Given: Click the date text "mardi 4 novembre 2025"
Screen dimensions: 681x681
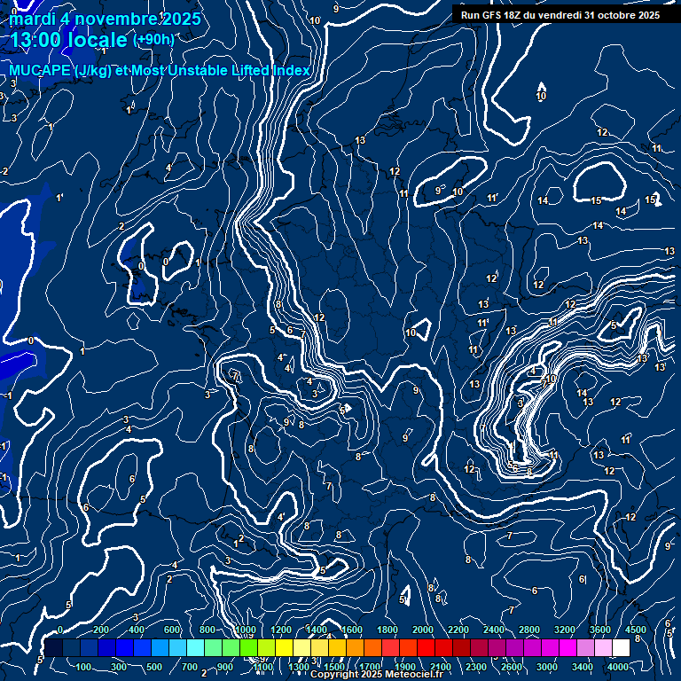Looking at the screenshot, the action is point(106,19).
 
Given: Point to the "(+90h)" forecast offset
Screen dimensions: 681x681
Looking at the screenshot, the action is point(153,40).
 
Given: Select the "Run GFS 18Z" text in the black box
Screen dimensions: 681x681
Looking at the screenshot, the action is point(492,15).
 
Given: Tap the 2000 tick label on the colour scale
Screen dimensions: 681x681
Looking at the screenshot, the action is point(422,630).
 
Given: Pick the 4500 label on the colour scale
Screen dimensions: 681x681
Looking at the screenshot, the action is point(635,630).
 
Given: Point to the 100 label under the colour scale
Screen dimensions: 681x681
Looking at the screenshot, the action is point(84,667).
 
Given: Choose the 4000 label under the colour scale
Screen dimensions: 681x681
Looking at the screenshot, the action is point(618,667).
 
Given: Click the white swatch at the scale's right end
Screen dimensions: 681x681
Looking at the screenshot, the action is point(619,648).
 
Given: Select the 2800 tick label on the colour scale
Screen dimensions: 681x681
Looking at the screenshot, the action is point(528,630).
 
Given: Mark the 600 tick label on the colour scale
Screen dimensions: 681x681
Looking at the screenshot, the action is point(173,630).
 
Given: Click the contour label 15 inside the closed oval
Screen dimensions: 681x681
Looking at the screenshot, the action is point(596,201).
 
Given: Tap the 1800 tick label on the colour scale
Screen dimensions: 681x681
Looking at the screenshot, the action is point(387,630).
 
